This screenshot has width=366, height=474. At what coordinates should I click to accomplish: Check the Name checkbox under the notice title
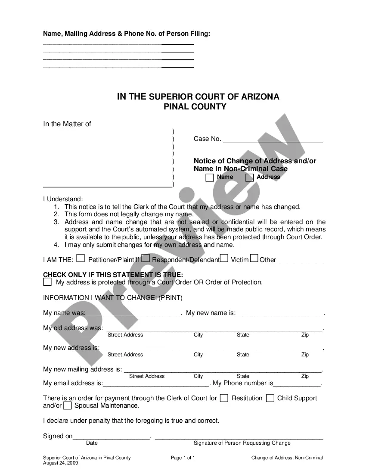(210, 178)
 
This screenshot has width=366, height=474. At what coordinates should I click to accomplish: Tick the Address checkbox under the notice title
(249, 178)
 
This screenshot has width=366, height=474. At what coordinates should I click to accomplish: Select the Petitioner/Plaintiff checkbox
(81, 259)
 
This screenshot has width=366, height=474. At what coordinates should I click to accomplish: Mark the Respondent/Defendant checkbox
(146, 259)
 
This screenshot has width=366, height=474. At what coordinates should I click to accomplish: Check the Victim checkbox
(224, 259)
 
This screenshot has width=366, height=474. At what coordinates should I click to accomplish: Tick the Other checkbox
(254, 259)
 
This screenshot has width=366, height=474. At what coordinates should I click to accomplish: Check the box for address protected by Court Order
(47, 282)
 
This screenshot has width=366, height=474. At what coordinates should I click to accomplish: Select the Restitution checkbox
(224, 398)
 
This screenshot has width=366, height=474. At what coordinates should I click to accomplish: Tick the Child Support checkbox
(270, 398)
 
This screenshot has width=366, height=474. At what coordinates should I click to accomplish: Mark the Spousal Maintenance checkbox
(68, 405)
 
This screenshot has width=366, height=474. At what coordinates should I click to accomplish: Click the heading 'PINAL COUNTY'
(195, 107)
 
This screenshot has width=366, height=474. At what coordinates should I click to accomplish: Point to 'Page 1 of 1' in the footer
(183, 458)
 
